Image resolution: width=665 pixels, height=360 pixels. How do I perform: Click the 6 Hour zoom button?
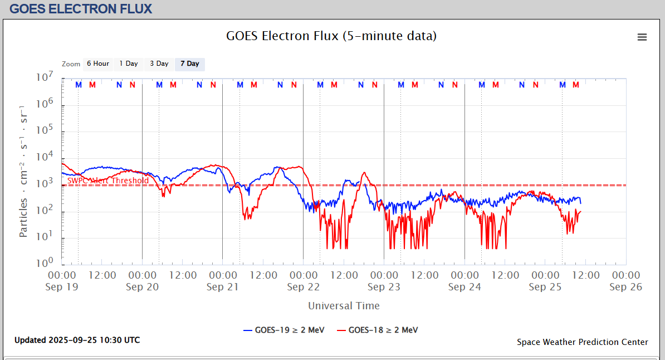97,64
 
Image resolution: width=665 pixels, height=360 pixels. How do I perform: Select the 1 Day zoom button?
129,64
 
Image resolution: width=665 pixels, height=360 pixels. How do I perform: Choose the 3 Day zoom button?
159,64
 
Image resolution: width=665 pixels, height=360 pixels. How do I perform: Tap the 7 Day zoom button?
189,64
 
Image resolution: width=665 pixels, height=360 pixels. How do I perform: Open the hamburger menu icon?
642,37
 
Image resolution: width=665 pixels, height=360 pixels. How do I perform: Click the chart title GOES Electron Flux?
331,36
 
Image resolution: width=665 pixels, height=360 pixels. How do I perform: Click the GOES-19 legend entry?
284,330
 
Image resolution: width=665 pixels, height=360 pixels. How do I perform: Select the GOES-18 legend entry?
378,330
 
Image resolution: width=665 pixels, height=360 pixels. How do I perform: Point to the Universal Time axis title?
344,305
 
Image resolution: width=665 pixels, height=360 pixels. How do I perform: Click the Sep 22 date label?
304,287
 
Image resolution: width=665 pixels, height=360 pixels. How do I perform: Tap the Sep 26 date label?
626,287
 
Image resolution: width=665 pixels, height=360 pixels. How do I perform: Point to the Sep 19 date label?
62,287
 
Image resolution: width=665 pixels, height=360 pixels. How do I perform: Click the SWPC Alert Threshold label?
108,181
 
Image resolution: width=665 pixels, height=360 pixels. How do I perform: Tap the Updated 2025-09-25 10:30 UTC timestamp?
77,340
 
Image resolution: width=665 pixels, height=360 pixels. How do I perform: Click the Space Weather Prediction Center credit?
582,342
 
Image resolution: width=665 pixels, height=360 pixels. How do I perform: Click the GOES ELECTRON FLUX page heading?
81,9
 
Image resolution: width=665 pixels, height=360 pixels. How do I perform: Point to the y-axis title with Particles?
23,171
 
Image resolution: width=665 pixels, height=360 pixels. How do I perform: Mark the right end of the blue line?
580,203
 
